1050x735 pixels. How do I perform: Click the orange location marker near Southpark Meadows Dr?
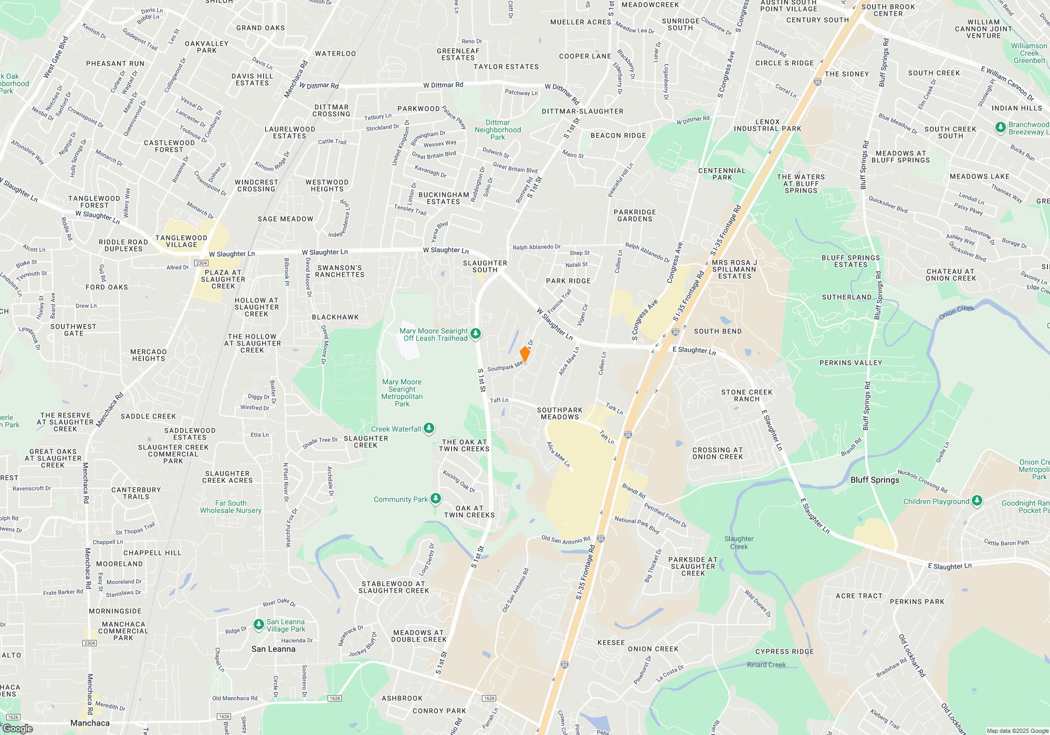(524, 354)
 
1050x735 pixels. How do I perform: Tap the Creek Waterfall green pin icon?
(429, 428)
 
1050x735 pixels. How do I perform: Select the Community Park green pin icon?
(435, 498)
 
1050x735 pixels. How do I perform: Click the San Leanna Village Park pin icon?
(258, 624)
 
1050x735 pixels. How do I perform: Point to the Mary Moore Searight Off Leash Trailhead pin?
(476, 333)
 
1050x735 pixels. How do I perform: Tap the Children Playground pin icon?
(976, 500)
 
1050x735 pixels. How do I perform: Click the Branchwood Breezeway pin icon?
(1000, 127)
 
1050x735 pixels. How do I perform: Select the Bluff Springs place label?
(875, 480)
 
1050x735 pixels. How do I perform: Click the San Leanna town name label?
(273, 649)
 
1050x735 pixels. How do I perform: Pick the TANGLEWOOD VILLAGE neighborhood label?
(181, 241)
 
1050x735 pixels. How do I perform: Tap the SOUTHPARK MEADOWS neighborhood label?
(560, 413)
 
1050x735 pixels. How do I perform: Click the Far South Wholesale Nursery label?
(230, 507)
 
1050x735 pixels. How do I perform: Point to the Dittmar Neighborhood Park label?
(498, 130)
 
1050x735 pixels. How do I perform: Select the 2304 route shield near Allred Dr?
(202, 262)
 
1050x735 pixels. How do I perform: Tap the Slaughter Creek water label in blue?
(739, 542)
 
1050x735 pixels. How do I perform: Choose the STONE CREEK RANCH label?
(747, 395)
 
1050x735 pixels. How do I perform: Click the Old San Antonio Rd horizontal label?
(565, 540)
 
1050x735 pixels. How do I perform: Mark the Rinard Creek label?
(766, 665)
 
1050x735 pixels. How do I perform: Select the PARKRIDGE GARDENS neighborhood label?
(635, 215)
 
